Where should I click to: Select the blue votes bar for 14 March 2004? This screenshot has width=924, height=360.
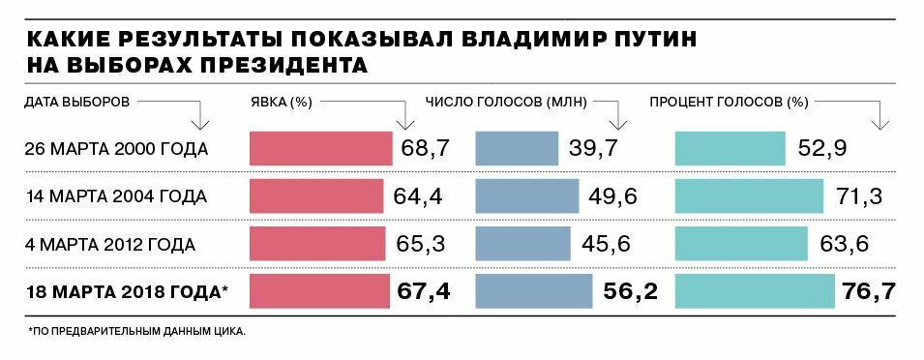[x=528, y=195]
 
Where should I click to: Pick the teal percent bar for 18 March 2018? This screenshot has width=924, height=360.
[x=755, y=291]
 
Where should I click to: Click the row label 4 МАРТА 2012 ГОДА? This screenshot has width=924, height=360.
[x=112, y=244]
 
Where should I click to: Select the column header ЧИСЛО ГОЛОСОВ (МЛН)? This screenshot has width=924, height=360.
[x=507, y=101]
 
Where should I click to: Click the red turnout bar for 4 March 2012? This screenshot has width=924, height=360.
[x=317, y=243]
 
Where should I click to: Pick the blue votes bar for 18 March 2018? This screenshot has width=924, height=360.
[x=534, y=291]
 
